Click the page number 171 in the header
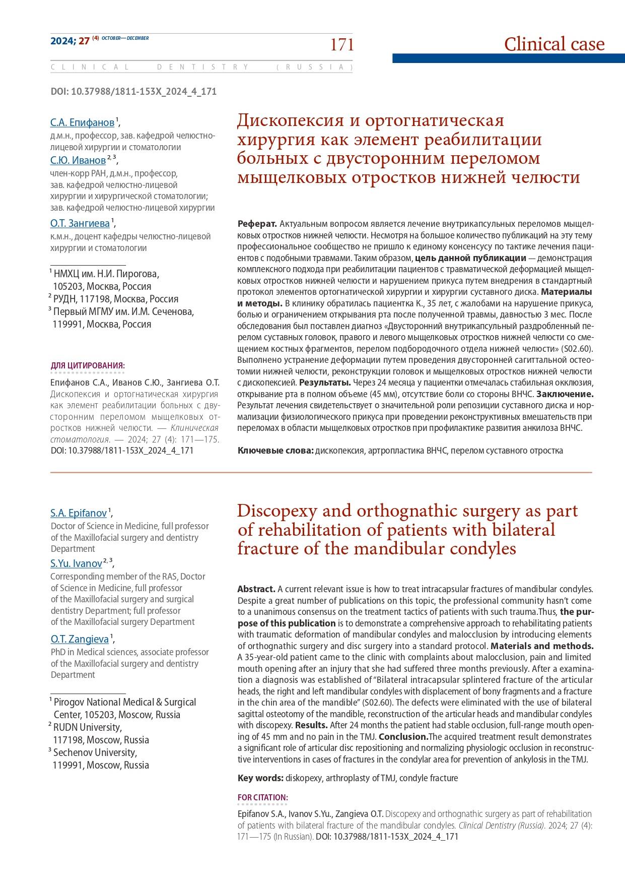(x=342, y=45)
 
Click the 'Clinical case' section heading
(x=554, y=44)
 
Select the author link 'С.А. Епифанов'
(x=82, y=122)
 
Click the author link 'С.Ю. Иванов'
(x=78, y=161)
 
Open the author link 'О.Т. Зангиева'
(x=80, y=223)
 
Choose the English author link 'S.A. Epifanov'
(x=79, y=514)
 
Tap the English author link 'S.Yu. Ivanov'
(x=76, y=564)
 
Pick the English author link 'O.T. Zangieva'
(x=80, y=640)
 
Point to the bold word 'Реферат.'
(x=257, y=224)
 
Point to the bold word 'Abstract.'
(x=256, y=589)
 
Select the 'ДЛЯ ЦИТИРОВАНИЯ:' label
(x=88, y=366)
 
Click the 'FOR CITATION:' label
(x=262, y=797)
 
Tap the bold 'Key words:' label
(x=260, y=778)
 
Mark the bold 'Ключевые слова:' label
(x=275, y=451)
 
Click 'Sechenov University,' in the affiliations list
(x=95, y=753)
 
